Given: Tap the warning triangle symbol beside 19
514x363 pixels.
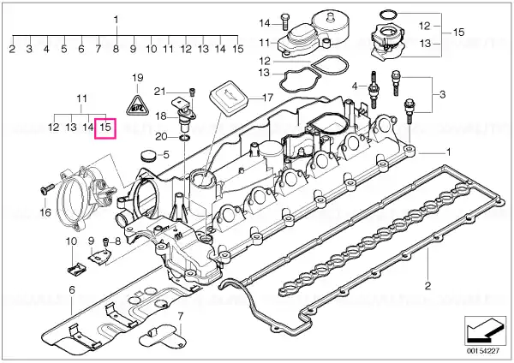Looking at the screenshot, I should click(135, 106).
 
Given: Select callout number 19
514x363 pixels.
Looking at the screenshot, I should click(135, 80).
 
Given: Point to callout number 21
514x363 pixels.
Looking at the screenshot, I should click(159, 92).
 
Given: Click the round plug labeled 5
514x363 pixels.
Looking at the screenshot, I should click(147, 157).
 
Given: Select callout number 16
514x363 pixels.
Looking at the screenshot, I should click(45, 213).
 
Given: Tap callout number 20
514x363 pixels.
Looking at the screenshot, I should click(159, 137).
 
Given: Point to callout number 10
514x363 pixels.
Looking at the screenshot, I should click(71, 242).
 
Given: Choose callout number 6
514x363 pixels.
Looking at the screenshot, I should click(72, 291).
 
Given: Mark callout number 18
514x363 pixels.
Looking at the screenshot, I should click(159, 114).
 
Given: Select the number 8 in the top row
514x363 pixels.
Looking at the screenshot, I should click(116, 50).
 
